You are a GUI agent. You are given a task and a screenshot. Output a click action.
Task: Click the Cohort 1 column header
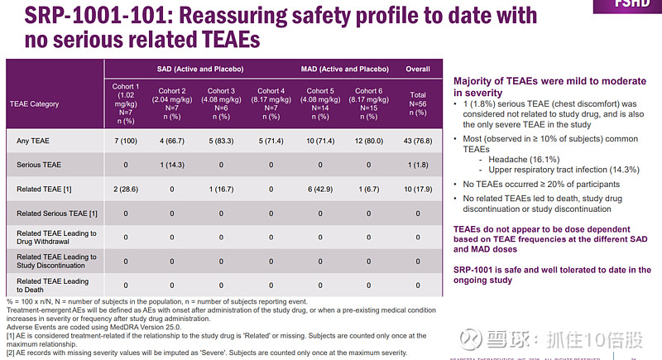[126, 103]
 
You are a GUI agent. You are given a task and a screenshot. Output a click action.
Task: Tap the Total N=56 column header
[418, 104]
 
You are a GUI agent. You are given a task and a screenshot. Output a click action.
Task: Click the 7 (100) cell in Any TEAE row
[126, 141]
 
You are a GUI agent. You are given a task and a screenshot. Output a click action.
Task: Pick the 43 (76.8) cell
[418, 141]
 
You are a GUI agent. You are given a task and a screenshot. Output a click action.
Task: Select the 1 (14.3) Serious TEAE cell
[172, 165]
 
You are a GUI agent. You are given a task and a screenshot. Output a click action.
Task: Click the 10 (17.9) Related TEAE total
[418, 189]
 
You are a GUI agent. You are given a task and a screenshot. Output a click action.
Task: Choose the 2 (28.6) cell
[126, 189]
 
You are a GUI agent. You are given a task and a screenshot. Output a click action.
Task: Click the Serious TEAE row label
[39, 165]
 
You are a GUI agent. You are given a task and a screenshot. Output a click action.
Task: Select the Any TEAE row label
[34, 141]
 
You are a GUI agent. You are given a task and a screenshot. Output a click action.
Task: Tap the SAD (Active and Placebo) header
[196, 69]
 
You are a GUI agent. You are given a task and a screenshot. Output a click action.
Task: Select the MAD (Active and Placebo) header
[344, 69]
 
